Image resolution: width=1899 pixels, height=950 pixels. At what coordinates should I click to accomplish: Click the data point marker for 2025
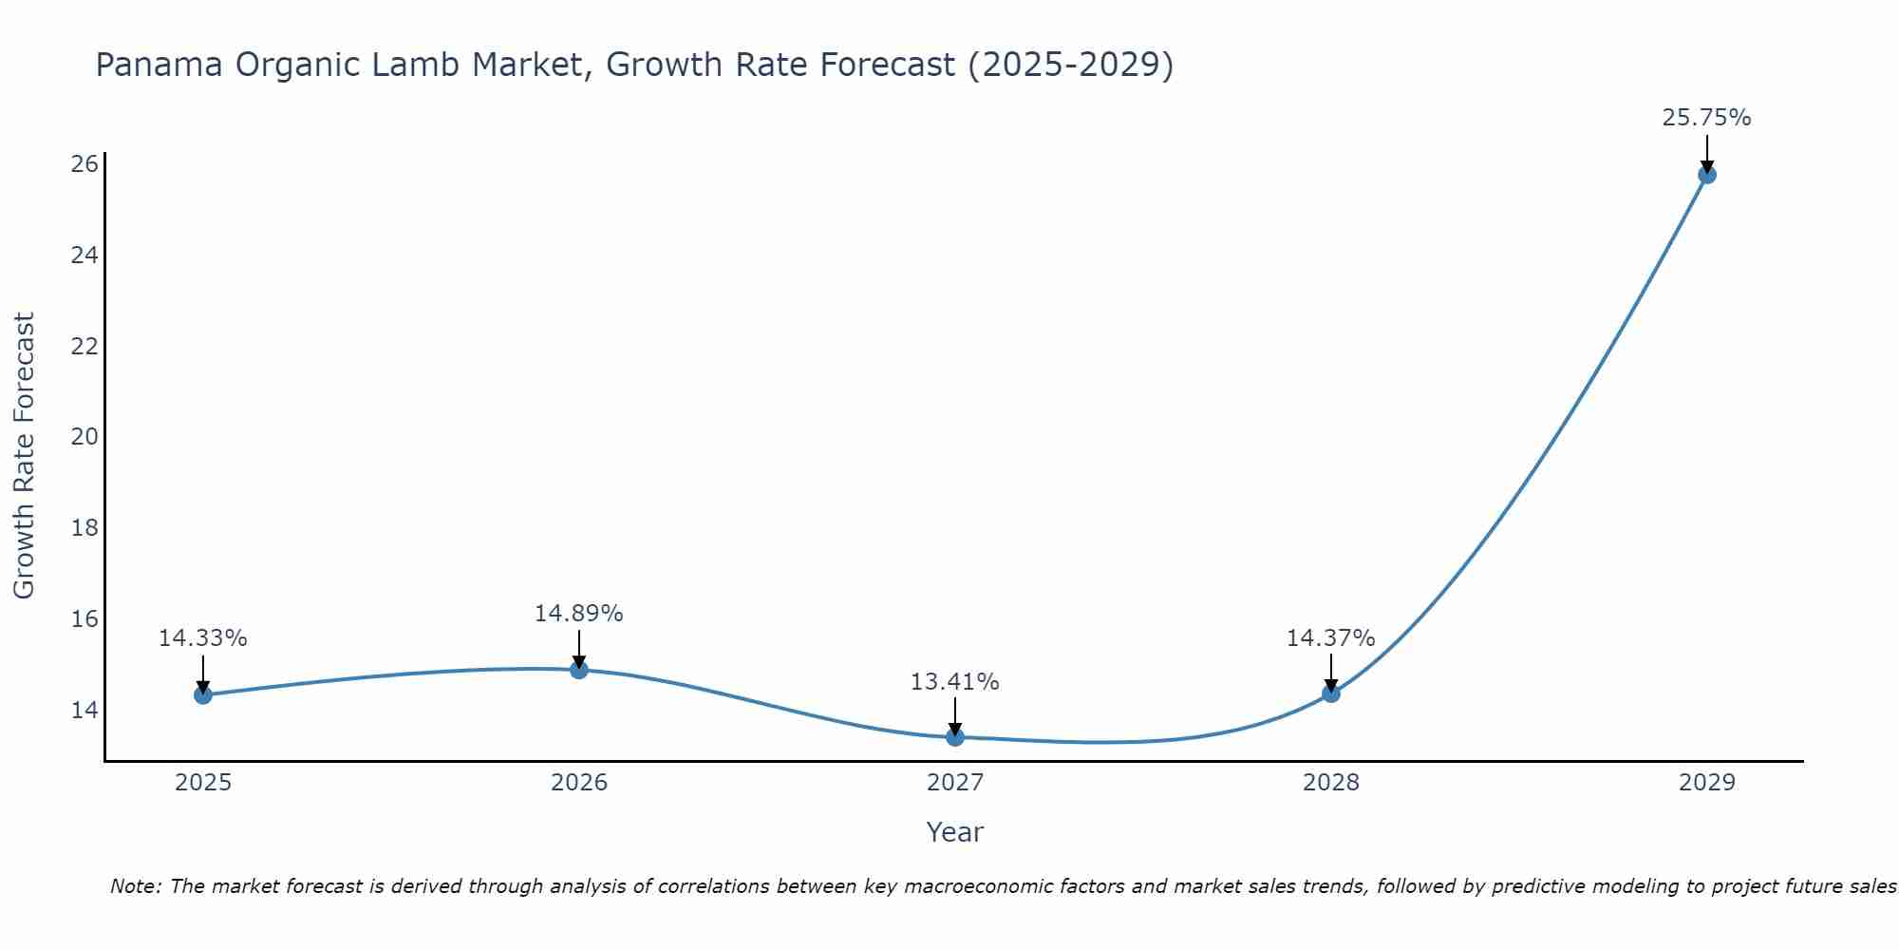(202, 695)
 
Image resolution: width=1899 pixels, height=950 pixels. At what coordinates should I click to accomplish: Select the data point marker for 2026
(579, 670)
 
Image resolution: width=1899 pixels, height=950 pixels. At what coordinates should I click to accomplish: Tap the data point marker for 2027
(955, 737)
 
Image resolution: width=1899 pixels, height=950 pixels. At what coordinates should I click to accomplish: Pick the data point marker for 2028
(1331, 693)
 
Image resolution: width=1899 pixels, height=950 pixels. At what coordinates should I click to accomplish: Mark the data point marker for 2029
(1707, 175)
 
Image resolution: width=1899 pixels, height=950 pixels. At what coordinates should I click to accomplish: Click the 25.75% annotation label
(1706, 118)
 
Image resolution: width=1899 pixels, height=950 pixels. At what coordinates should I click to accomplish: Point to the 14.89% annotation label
(578, 614)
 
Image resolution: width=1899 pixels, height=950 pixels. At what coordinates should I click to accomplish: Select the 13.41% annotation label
(954, 682)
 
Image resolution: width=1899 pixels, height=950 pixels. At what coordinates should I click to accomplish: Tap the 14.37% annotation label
(1330, 638)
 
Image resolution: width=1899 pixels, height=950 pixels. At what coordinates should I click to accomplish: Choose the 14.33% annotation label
(202, 638)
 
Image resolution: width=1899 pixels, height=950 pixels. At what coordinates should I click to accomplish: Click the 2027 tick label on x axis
(955, 783)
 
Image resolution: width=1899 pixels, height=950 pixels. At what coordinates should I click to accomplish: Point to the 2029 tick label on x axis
(1707, 783)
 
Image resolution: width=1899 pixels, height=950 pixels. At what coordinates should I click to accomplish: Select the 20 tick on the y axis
(85, 437)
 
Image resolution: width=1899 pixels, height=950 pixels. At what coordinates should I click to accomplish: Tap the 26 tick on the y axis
(85, 164)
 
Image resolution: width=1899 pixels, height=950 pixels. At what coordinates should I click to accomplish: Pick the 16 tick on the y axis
(85, 619)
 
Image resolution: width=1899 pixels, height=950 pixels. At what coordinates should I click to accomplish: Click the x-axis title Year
(954, 832)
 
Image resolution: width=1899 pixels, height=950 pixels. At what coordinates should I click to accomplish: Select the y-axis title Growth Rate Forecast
(24, 455)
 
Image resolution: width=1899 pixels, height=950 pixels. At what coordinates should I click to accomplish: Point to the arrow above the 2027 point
(955, 716)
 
